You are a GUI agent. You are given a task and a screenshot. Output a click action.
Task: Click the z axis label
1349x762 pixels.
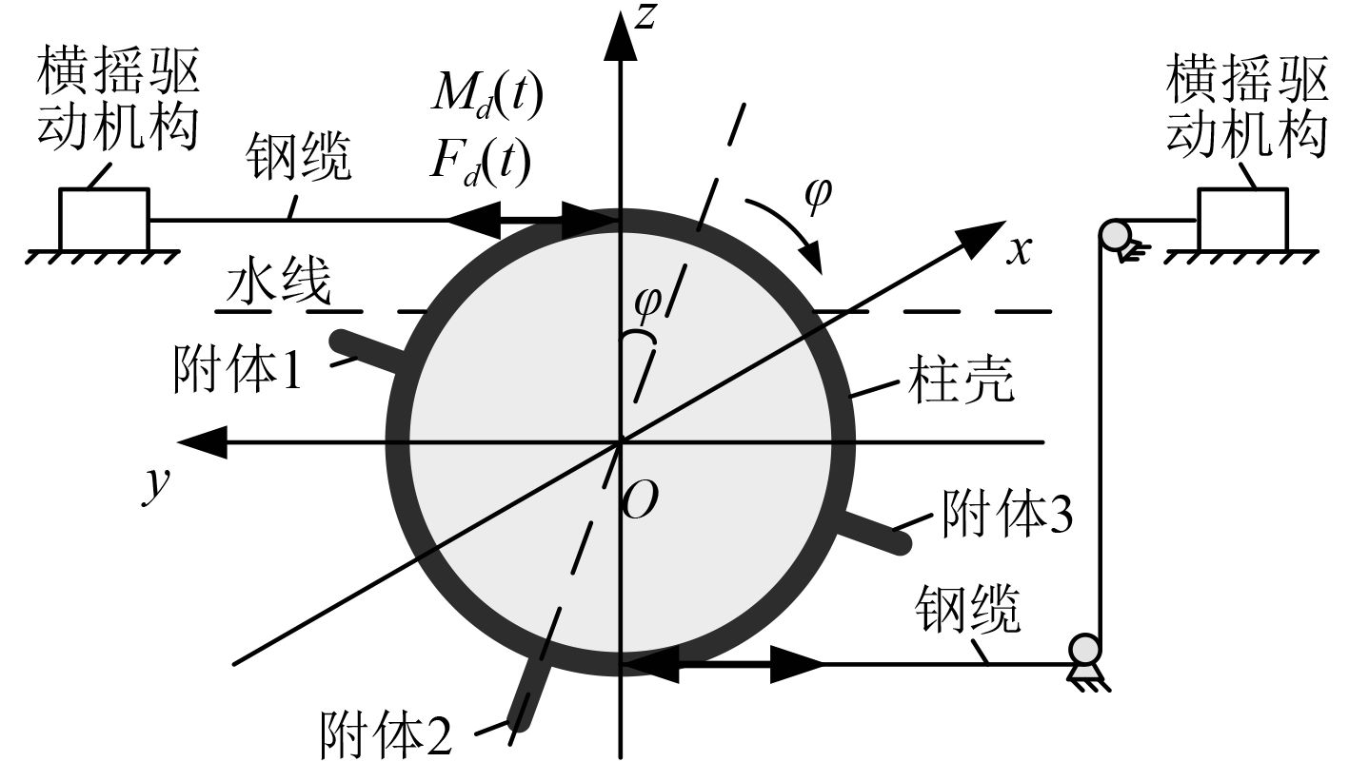coord(647,17)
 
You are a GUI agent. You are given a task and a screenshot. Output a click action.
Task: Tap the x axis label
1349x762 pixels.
coord(1021,250)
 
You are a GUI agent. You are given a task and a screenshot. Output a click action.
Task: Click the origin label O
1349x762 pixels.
coord(639,502)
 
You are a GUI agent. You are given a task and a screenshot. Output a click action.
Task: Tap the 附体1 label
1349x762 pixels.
coord(238,369)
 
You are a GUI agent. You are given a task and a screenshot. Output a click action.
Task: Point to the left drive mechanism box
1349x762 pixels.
coord(104,218)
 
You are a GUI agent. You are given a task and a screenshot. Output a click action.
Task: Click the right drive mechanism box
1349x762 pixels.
coord(1242,218)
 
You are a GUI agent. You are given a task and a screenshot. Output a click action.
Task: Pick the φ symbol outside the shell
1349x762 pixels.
coord(817,193)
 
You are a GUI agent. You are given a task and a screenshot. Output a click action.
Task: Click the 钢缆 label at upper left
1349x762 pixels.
coord(299,157)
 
